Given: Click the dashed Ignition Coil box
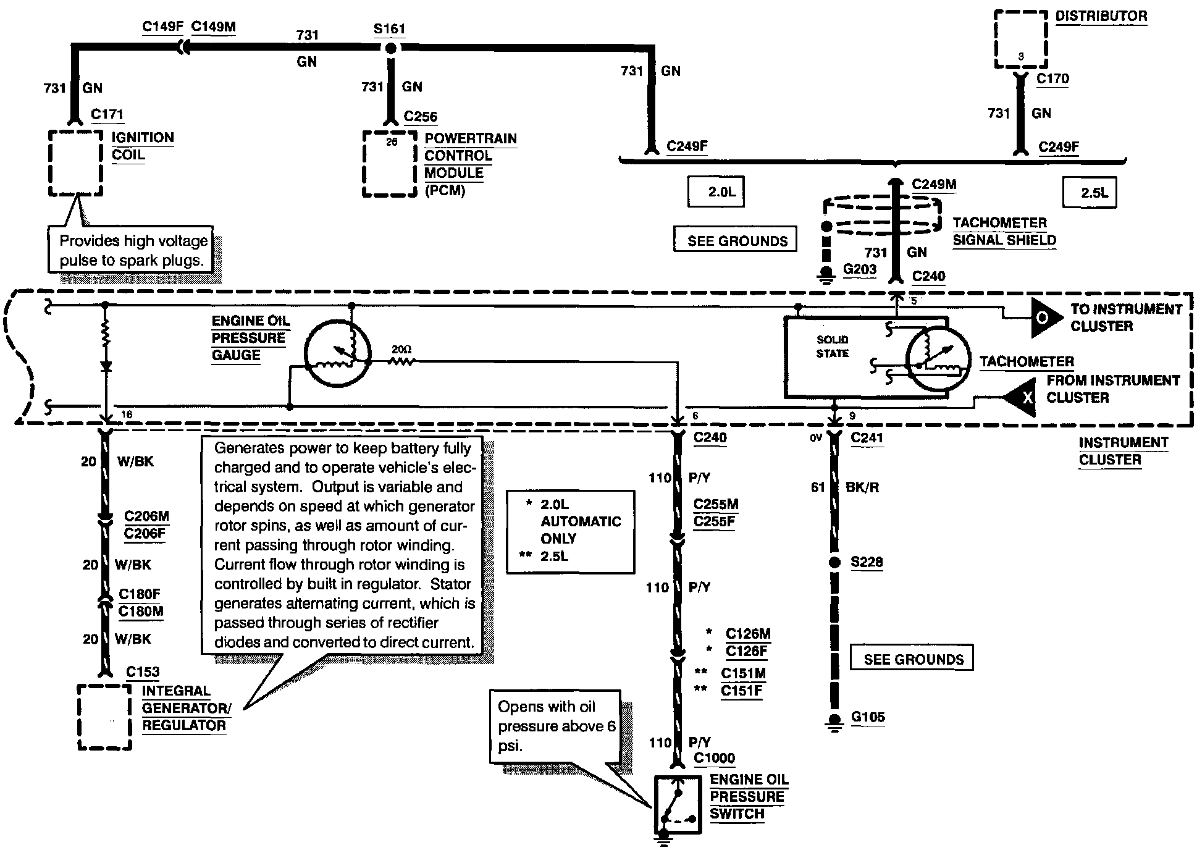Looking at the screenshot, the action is coord(50,163).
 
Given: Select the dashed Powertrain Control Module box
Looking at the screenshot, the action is coord(364,164).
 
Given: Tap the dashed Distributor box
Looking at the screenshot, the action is coord(996,38).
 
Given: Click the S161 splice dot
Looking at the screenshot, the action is coord(390,49).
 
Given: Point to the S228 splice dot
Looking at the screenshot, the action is coord(834,563).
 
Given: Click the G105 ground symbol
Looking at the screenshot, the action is coord(834,722).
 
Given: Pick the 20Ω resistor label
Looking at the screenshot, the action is coord(401,350).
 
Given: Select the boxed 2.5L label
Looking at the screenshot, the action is coord(1090,193).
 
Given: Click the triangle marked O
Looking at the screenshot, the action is coord(1047,318).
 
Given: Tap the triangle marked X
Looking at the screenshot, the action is coord(1020,397).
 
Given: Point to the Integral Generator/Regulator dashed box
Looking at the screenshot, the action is coord(79,717).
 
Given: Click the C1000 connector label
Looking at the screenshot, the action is coord(715,759).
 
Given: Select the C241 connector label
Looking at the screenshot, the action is coord(867,438).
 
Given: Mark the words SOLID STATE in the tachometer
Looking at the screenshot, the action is coord(833,347).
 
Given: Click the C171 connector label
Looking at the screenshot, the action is coord(107,114).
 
